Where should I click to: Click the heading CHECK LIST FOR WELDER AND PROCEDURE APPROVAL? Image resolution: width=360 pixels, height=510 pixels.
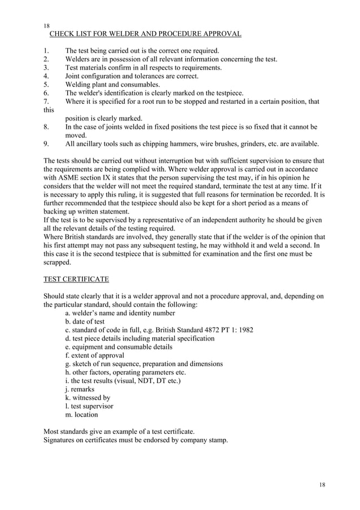point(146,34)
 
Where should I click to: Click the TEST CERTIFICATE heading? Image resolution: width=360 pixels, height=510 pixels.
point(76,280)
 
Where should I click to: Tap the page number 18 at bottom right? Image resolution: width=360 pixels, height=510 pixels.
point(322,485)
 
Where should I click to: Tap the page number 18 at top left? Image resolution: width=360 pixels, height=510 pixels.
point(47,26)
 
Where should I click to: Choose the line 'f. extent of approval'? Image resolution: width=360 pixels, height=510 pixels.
point(94,355)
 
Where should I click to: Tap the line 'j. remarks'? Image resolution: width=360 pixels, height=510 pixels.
point(80,389)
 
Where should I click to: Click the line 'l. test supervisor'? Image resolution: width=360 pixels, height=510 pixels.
point(89,406)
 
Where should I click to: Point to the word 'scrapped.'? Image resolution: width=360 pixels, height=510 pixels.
point(58,263)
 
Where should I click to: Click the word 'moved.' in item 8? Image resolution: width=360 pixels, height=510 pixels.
point(76,136)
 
